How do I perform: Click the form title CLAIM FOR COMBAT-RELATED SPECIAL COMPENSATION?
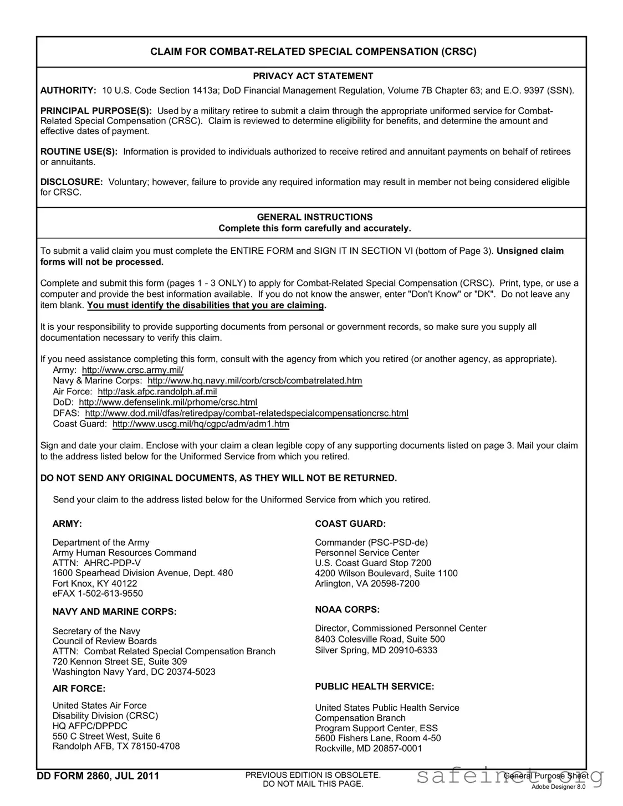pos(313,52)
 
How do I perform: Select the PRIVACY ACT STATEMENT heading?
pos(313,76)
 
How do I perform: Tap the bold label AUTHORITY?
pos(68,90)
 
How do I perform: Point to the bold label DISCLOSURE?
pos(72,182)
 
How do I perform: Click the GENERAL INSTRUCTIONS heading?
pos(314,217)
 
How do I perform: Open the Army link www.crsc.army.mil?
pos(132,370)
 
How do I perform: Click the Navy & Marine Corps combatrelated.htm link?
pos(255,381)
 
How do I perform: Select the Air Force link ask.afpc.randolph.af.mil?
pos(157,392)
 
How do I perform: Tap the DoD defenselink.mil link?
pos(168,402)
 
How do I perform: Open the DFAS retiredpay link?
pos(247,413)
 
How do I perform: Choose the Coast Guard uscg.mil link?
pos(201,424)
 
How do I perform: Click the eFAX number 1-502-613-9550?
pos(98,594)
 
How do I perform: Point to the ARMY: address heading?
pos(67,524)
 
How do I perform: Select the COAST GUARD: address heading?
pos(350,524)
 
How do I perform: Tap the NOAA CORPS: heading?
pos(347,609)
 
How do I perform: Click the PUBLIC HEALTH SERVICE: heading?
pos(374,686)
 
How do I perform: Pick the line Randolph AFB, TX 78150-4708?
pos(116,746)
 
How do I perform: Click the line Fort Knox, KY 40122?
pos(95,584)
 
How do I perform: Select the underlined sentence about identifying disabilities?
pos(206,305)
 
